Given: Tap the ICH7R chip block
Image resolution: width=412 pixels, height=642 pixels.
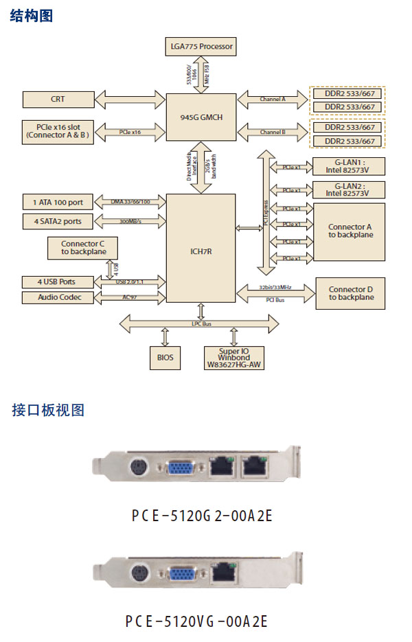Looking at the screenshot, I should click(x=201, y=251).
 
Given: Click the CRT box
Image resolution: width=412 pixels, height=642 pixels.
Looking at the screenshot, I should click(x=58, y=100).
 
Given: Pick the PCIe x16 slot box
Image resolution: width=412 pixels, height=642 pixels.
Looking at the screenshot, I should click(x=58, y=131).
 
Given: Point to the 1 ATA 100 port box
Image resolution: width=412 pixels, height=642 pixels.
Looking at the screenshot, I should click(x=58, y=203).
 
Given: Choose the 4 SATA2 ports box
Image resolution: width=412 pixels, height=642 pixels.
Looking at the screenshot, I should click(x=58, y=221).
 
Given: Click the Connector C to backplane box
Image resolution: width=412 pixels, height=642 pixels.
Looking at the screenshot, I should click(x=83, y=248).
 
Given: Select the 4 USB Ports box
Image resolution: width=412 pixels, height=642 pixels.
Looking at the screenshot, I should click(x=58, y=282).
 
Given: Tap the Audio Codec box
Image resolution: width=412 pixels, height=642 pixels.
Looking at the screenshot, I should click(x=58, y=297).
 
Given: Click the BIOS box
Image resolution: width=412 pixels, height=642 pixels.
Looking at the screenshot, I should click(x=165, y=357).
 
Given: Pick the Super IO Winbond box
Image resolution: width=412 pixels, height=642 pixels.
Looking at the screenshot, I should click(x=235, y=358).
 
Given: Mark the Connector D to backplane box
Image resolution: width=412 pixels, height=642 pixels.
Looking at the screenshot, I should click(x=350, y=294).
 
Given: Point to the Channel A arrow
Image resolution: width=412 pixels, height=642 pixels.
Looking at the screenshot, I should click(x=272, y=100).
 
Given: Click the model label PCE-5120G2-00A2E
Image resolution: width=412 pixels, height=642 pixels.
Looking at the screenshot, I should click(x=202, y=515).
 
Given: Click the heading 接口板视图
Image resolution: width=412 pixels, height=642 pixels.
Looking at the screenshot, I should click(x=48, y=411).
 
